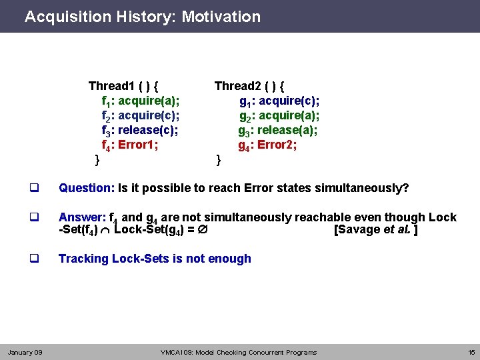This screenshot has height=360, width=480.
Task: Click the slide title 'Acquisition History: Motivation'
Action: pos(143,17)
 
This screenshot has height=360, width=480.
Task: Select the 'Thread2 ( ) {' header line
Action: pos(249,86)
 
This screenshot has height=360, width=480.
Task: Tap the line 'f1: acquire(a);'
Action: pos(140,101)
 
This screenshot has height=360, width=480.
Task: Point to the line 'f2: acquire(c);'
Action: pos(140,116)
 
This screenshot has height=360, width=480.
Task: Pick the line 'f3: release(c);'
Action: pos(139,130)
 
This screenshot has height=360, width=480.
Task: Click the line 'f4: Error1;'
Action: pos(129,145)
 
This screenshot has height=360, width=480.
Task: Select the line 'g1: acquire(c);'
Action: pos(279,101)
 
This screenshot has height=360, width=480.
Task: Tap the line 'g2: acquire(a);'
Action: pos(279,116)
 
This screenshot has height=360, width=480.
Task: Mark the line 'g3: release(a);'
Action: pos(277,130)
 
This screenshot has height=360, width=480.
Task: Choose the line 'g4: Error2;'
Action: pos(267,145)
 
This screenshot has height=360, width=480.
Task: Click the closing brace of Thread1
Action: pos(97,159)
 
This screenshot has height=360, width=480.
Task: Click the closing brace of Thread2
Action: pos(218,159)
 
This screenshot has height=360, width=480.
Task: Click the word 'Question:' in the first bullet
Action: pos(87,188)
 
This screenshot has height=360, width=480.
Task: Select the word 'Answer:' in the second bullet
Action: pos(82,217)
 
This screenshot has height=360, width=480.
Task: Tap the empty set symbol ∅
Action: pos(209,231)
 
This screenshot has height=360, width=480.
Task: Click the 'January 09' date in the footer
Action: pos(25,352)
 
